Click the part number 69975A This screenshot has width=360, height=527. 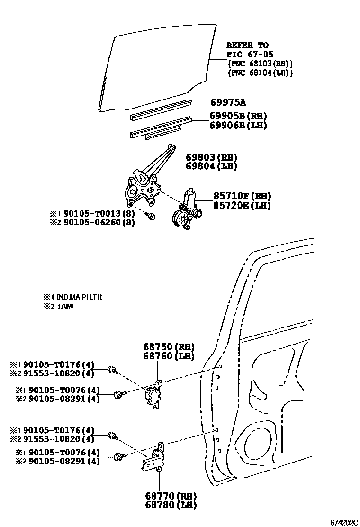pyautogui.click(x=229, y=103)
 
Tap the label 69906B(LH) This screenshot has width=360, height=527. pyautogui.click(x=238, y=126)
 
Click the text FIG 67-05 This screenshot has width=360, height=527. pyautogui.click(x=250, y=55)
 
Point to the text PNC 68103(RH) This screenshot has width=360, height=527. pyautogui.click(x=260, y=64)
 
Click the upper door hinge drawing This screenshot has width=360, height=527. pyautogui.click(x=155, y=393)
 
